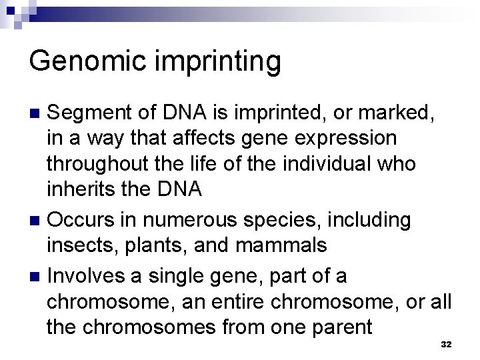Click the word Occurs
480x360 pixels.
tap(83, 220)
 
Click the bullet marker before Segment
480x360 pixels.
tap(36, 114)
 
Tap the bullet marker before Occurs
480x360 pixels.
tap(36, 221)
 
